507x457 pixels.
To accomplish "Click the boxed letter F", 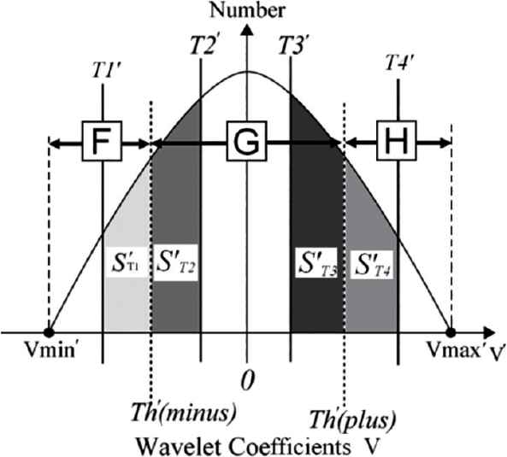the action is point(102,141).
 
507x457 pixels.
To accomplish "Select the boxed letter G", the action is point(247,141).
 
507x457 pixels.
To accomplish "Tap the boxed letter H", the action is point(397,141).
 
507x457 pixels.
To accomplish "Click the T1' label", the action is point(106,71).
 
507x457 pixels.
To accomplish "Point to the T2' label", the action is point(203,45).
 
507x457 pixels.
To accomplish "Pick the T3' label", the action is point(292,45).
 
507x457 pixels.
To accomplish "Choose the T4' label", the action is point(399,62).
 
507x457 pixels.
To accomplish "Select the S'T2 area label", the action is point(176,262).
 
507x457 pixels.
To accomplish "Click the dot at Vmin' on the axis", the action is point(49,332).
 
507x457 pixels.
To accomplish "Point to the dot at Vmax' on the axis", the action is point(451,332).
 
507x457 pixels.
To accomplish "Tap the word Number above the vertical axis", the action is point(247,10).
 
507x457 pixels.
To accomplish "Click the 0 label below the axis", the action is point(248,380).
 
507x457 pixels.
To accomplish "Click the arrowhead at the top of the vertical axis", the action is point(247,29).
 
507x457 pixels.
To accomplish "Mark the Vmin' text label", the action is point(50,349).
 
